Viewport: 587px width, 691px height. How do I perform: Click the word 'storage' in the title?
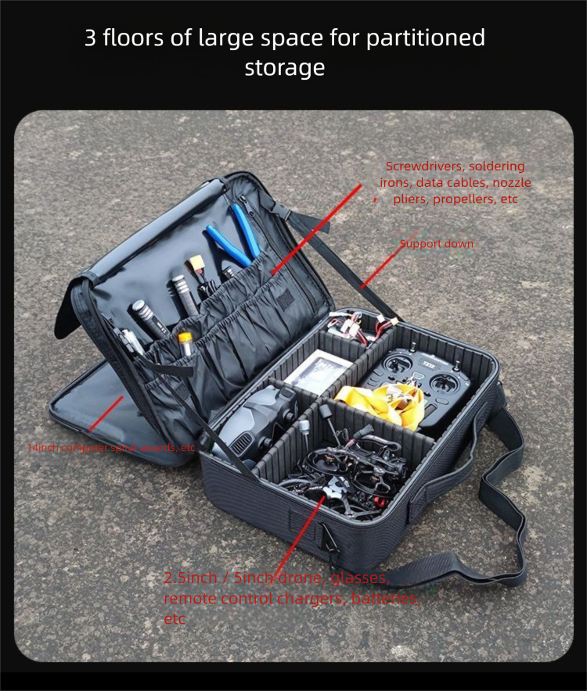285,68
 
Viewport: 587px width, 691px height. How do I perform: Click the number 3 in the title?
91,38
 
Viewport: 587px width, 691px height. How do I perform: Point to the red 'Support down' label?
437,244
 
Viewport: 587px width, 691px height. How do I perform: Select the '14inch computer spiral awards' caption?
111,449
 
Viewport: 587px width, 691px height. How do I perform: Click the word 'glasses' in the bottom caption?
360,578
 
